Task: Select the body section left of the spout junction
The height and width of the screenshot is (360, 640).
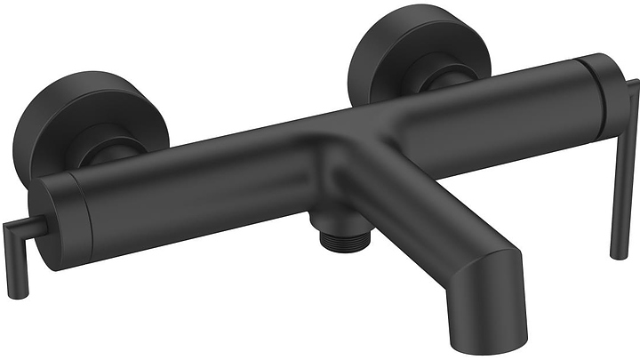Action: click(x=196, y=187)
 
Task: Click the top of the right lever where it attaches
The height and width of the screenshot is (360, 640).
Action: click(x=633, y=84)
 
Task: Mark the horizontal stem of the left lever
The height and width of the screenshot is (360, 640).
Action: click(x=27, y=229)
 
